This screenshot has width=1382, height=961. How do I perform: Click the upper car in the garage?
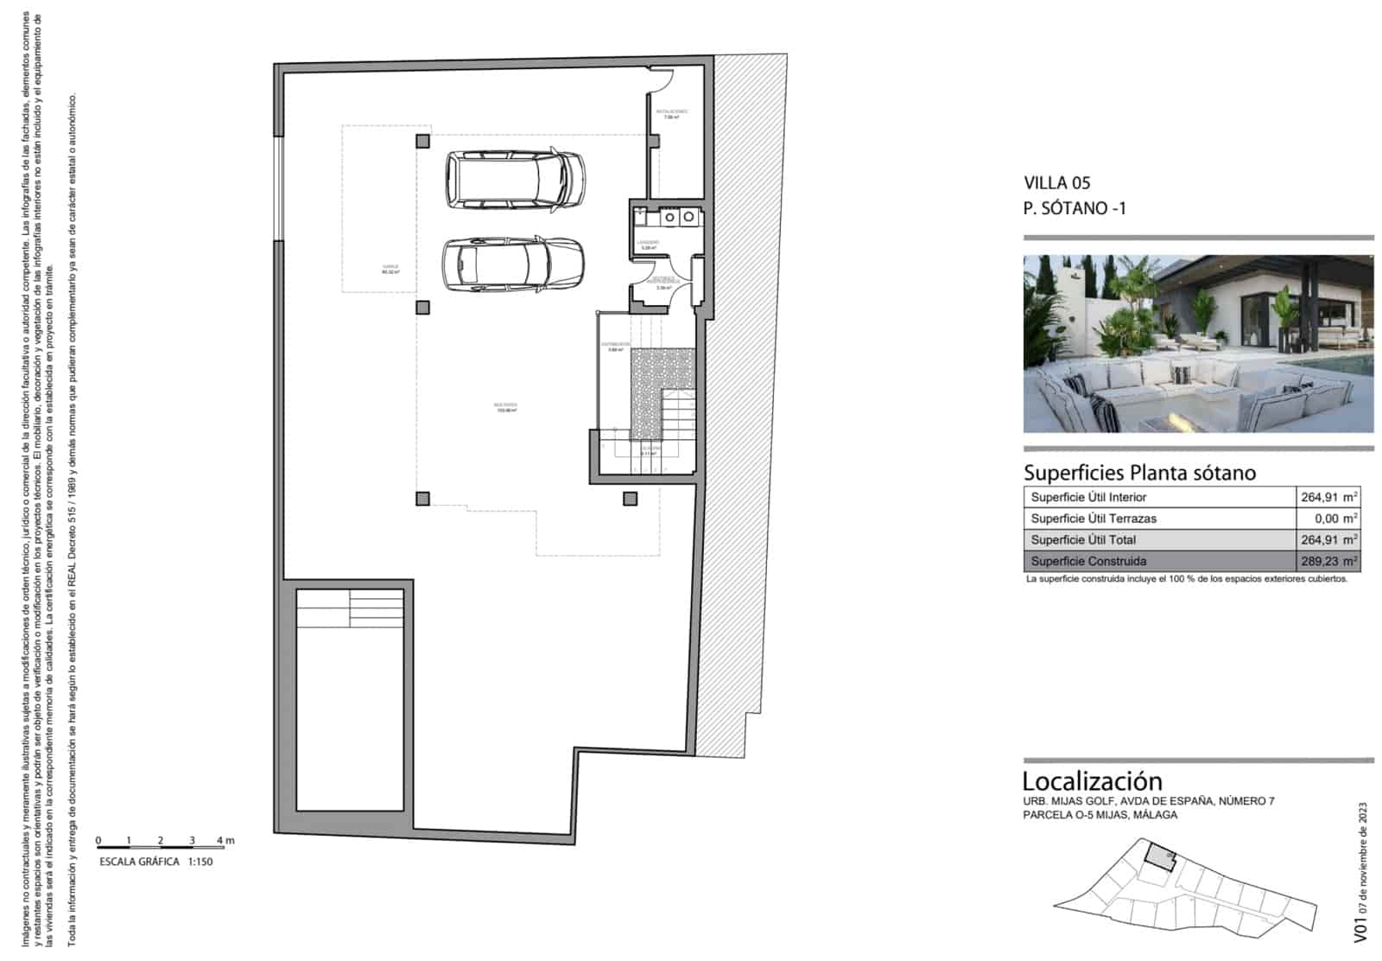[x=515, y=181]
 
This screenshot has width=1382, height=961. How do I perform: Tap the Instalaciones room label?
[x=670, y=113]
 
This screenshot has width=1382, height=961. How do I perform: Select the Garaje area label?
[x=390, y=269]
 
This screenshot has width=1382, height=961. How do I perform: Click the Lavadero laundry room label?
[x=649, y=245]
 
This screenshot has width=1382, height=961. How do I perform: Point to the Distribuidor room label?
[x=615, y=347]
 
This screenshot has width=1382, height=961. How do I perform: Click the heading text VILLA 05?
[x=1056, y=182]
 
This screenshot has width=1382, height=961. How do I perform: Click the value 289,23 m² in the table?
[x=1328, y=561]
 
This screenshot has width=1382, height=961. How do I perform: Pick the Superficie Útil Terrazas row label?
[x=1093, y=519]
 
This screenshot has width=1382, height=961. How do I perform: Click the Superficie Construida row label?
[x=1088, y=561]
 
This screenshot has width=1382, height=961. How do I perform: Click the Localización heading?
[x=1092, y=781]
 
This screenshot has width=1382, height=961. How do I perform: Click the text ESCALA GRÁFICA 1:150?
[x=155, y=862]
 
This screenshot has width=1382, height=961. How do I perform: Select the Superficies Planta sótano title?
[x=1139, y=473]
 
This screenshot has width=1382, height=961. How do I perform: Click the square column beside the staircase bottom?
[x=630, y=499]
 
